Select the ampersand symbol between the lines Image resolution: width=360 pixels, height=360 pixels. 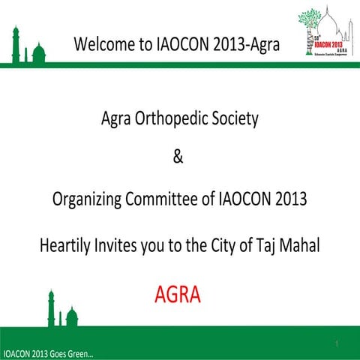click(x=178, y=158)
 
